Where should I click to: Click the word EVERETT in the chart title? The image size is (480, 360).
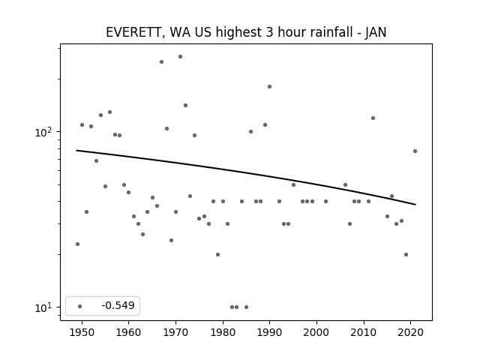133,32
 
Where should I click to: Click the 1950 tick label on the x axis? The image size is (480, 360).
82,332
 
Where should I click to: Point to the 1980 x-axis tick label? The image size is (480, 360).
223,332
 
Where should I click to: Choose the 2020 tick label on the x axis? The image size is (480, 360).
411,332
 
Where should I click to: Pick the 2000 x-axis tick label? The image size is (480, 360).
316,332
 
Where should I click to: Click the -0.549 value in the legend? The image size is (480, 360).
118,305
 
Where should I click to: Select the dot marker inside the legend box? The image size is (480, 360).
80,306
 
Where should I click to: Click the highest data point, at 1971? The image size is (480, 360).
180,57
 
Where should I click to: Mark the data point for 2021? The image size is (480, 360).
415,151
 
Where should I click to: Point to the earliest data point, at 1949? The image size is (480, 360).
77,244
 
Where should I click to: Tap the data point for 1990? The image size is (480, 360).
269,87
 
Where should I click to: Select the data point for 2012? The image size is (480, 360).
373,118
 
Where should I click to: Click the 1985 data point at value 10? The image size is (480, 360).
246,307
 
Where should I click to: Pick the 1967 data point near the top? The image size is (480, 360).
162,61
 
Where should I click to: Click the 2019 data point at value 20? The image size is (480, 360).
406,254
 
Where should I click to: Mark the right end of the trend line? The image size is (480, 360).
415,205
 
